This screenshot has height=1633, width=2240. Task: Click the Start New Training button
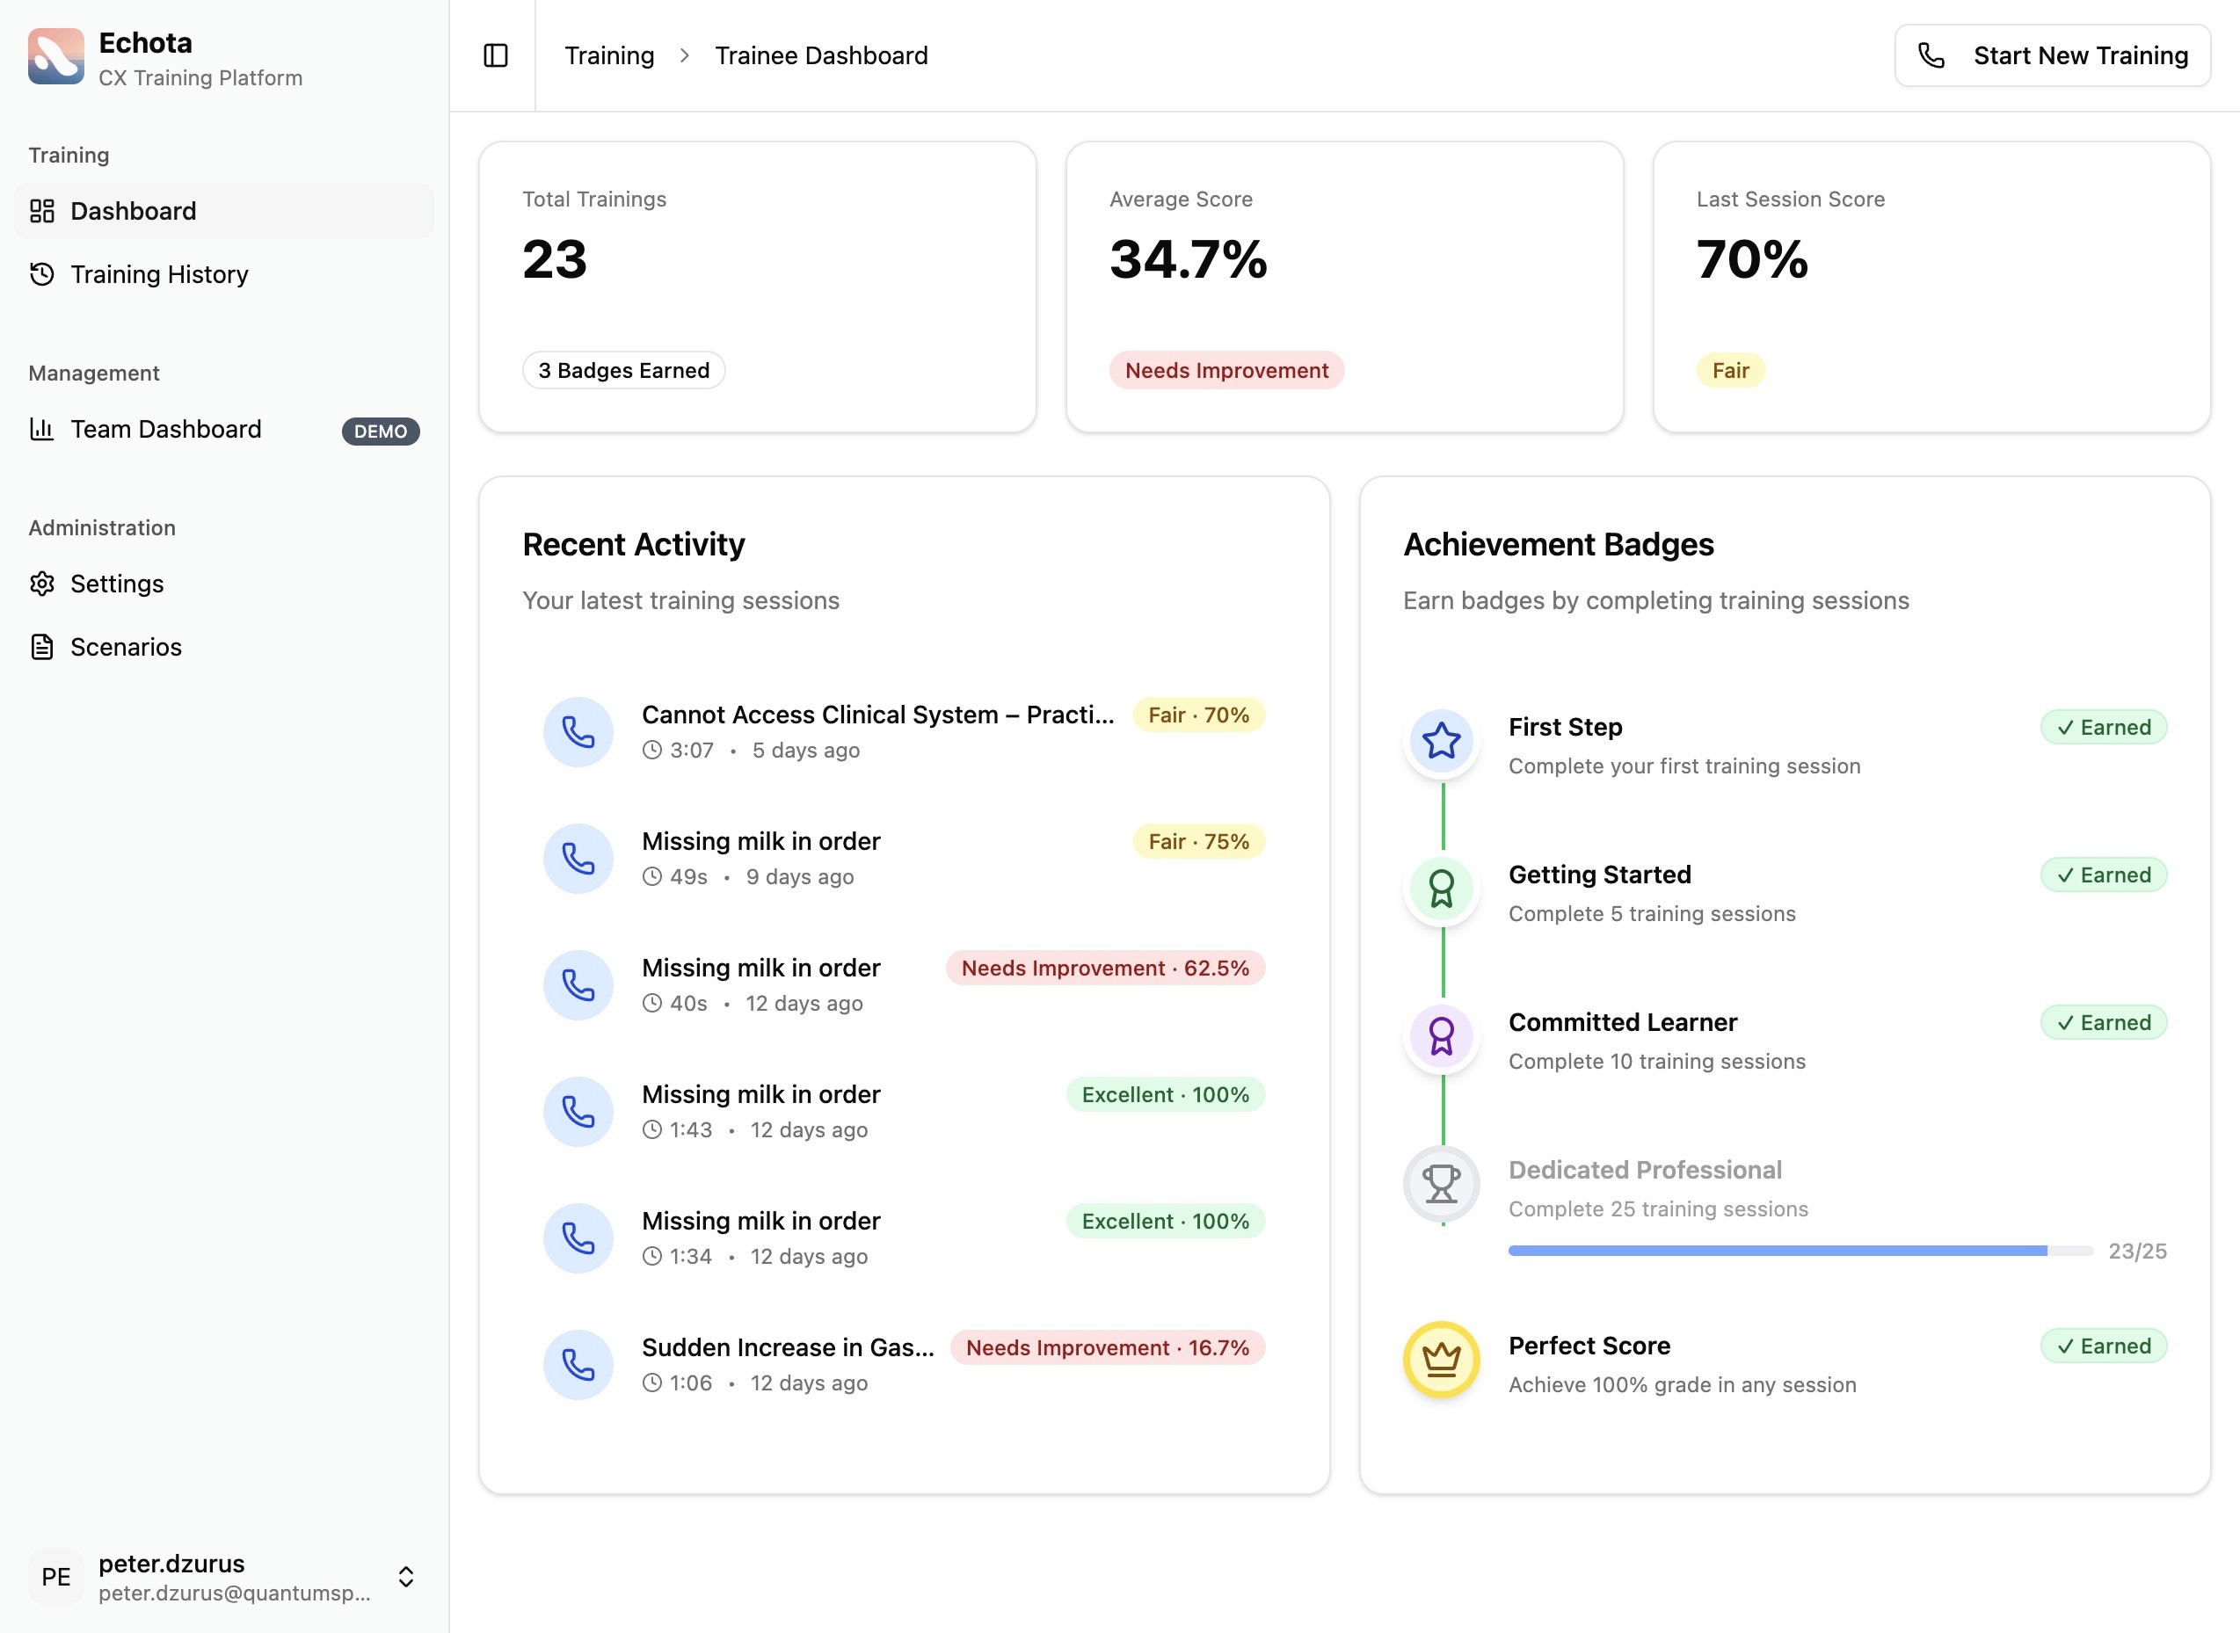[x=2051, y=55]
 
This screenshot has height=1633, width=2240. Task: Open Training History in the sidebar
[x=158, y=274]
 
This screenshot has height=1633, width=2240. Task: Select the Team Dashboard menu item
[x=165, y=429]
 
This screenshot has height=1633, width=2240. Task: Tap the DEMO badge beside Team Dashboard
[x=381, y=431]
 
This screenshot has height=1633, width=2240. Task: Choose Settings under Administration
[x=117, y=584]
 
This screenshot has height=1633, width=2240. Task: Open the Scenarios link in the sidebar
[x=126, y=648]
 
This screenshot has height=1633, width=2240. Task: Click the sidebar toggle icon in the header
[x=495, y=55]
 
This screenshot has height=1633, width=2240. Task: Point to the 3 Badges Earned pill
[x=624, y=371]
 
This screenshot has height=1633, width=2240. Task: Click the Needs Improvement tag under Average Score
[x=1225, y=371]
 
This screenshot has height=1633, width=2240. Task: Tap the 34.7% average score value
[x=1189, y=259]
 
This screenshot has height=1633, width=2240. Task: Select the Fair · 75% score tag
[x=1198, y=841]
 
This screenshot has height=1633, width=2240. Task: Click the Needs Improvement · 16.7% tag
[x=1107, y=1347]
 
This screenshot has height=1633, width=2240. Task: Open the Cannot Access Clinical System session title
[x=876, y=715]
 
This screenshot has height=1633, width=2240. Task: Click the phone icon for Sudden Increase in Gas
[x=578, y=1364]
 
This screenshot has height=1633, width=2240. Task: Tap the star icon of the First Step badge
[x=1441, y=740]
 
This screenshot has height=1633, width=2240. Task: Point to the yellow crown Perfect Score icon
[x=1441, y=1359]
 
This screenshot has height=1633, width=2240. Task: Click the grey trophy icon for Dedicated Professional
[x=1441, y=1183]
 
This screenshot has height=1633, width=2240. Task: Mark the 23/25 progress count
[x=2137, y=1251]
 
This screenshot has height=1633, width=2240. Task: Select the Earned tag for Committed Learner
[x=2104, y=1022]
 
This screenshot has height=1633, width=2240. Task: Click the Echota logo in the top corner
[x=56, y=56]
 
